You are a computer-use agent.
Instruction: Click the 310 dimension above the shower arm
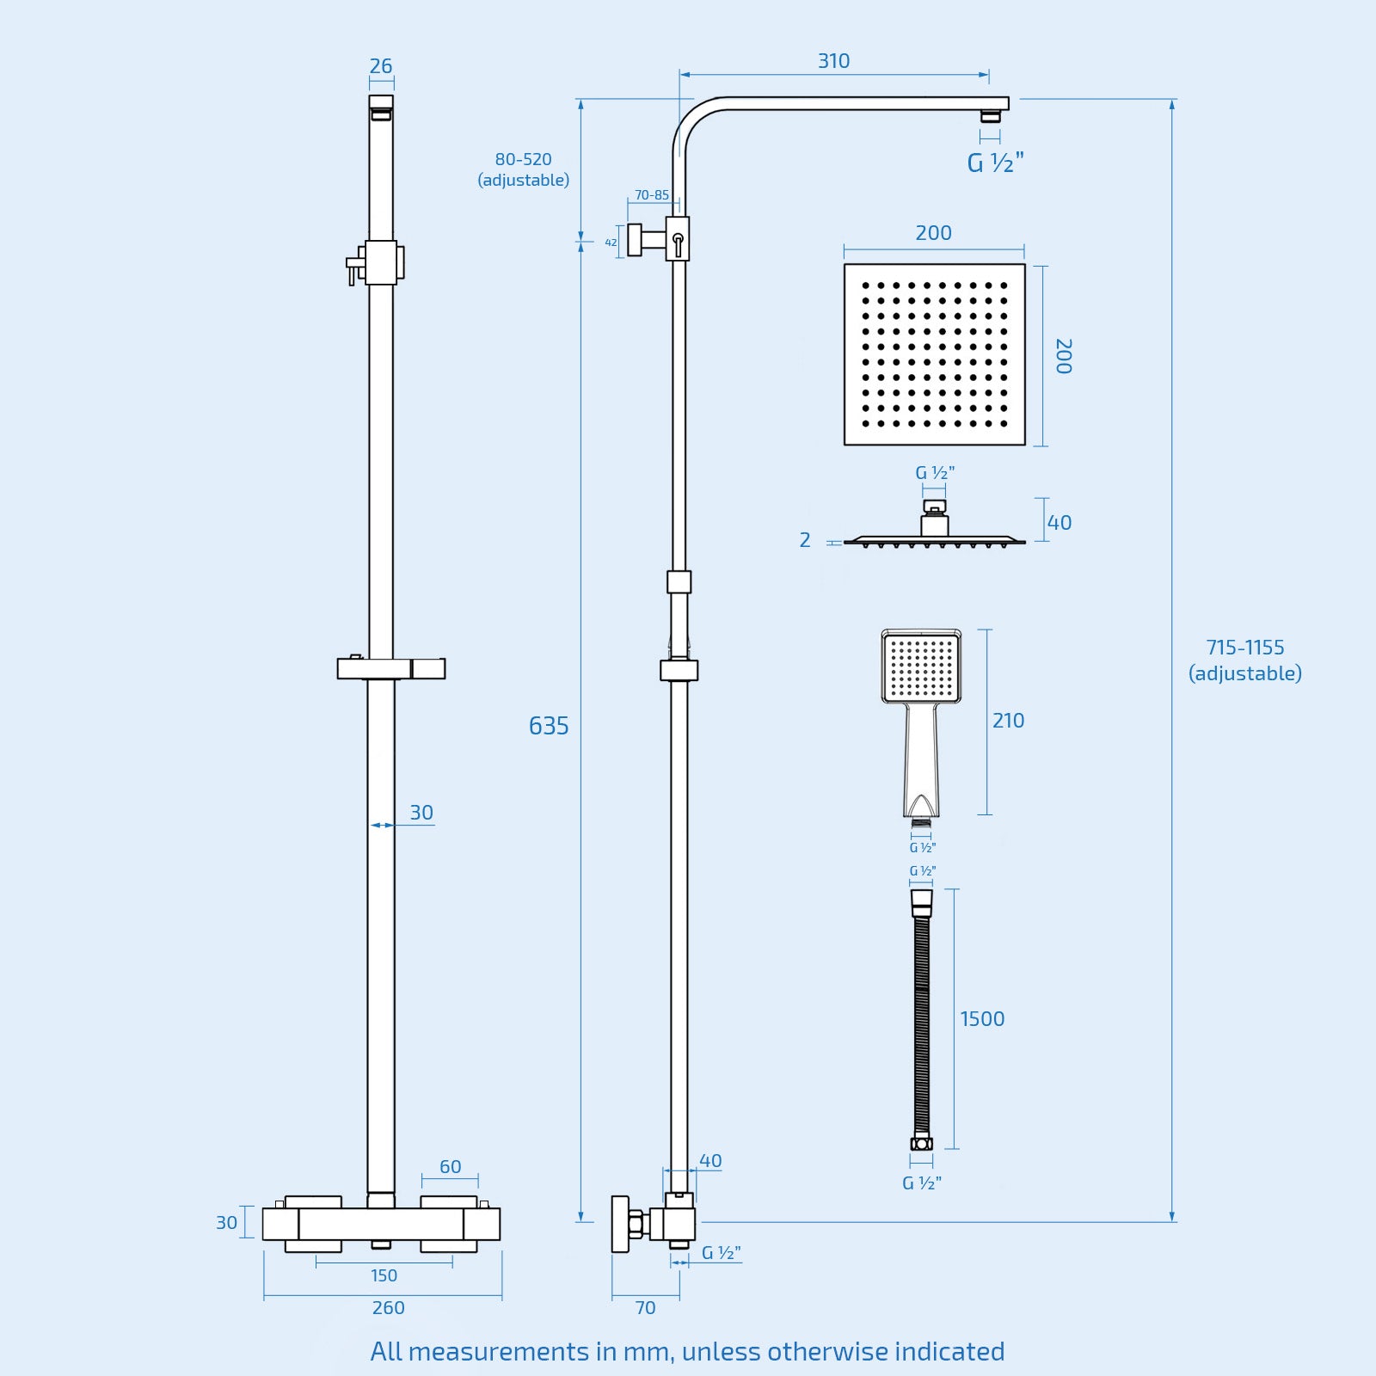pos(833,61)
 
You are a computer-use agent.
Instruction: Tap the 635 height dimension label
pos(549,726)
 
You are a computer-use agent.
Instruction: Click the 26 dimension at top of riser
pos(381,66)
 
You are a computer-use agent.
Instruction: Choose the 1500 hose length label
pos(982,1019)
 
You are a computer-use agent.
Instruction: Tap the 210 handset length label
pos(1008,721)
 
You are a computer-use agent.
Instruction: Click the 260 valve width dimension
pos(388,1308)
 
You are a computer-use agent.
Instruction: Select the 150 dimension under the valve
pos(384,1275)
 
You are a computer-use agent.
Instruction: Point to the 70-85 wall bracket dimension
pos(652,195)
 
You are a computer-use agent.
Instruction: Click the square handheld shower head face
pos(921,666)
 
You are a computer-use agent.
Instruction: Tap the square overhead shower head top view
pos(935,354)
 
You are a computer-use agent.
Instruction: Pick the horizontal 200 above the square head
pos(933,233)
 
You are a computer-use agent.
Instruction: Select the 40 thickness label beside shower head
pos(1060,523)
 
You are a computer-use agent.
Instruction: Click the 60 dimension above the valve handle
pos(450,1167)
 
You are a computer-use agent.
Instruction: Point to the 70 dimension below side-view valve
pos(645,1308)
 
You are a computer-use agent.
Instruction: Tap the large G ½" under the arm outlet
pos(995,163)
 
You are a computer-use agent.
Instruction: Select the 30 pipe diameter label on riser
pos(421,813)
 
